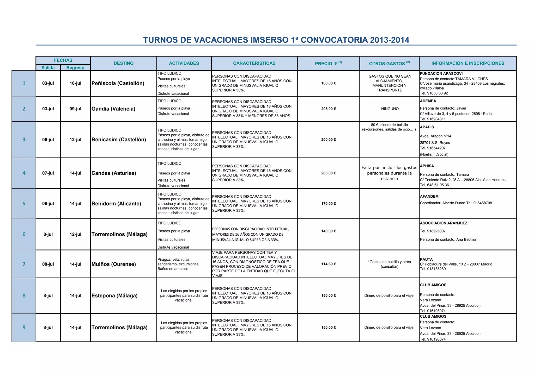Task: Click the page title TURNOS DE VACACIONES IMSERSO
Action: click(276, 40)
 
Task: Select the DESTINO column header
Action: click(124, 63)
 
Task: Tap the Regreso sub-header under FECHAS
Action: click(75, 68)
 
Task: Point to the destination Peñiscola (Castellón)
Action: click(118, 83)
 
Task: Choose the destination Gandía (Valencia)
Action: click(113, 109)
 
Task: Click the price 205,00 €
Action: click(329, 109)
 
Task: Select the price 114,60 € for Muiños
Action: click(329, 264)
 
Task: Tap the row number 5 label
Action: click(24, 204)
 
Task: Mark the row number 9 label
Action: click(24, 327)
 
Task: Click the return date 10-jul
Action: click(75, 83)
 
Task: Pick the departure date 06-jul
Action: click(48, 140)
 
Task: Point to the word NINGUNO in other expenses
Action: click(390, 109)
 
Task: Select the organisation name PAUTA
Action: click(426, 259)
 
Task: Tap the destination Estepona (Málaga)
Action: click(114, 296)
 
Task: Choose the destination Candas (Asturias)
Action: click(114, 173)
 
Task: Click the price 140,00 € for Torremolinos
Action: click(329, 231)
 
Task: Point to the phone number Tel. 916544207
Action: click(433, 148)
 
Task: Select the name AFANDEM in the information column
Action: click(429, 197)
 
